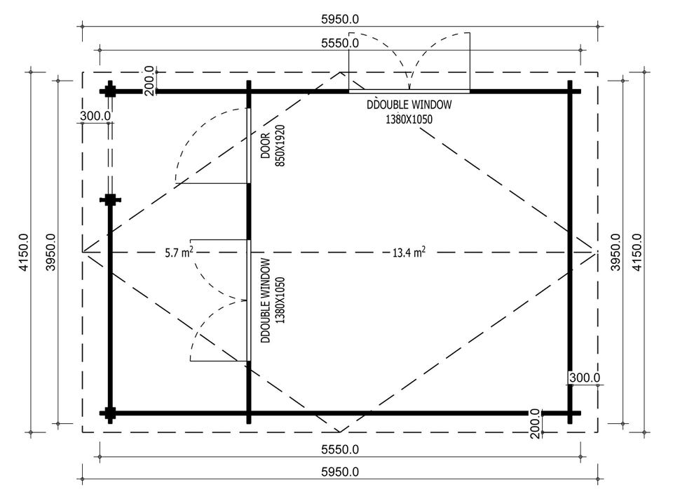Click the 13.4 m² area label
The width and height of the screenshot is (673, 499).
click(x=409, y=252)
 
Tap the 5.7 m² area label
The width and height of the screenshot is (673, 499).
click(x=179, y=252)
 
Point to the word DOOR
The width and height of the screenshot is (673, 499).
click(x=266, y=146)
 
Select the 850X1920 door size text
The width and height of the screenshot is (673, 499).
click(x=280, y=146)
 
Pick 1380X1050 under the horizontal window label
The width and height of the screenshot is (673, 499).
click(x=409, y=119)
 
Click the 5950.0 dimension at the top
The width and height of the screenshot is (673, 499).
click(x=340, y=19)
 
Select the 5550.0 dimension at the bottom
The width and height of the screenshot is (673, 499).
click(x=340, y=450)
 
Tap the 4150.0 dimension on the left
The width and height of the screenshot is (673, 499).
click(x=23, y=252)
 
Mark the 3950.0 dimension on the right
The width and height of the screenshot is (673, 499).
click(x=616, y=252)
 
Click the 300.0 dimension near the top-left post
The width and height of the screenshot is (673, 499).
click(x=95, y=116)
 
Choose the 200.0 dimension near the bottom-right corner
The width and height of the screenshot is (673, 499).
click(x=535, y=423)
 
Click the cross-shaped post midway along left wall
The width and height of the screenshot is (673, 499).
click(x=110, y=200)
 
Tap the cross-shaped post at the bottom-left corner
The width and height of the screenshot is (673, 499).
click(x=110, y=413)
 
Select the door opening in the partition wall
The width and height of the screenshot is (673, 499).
click(x=248, y=146)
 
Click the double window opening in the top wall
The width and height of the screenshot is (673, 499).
click(x=409, y=91)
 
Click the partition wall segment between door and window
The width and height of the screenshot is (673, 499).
click(x=248, y=211)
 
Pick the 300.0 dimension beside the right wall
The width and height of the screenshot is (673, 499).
click(x=585, y=378)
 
